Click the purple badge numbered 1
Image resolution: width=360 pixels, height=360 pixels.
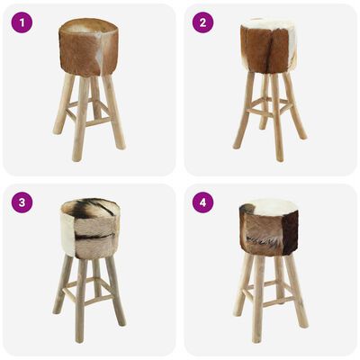pyautogui.click(x=22, y=22)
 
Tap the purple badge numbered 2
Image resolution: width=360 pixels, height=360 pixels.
pyautogui.click(x=202, y=22)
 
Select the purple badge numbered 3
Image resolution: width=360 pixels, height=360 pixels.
pyautogui.click(x=22, y=202)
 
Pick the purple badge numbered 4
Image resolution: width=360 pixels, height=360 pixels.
pyautogui.click(x=202, y=202)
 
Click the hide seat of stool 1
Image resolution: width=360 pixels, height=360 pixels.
pyautogui.click(x=88, y=49)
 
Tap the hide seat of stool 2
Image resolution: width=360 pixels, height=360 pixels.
pyautogui.click(x=269, y=49)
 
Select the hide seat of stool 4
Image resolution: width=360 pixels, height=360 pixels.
pyautogui.click(x=269, y=231)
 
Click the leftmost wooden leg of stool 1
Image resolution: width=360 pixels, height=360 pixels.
pyautogui.click(x=63, y=108)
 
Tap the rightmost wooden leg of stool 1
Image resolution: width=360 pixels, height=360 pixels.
pyautogui.click(x=114, y=112)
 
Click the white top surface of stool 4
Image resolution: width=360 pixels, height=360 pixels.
pyautogui.click(x=270, y=207)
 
